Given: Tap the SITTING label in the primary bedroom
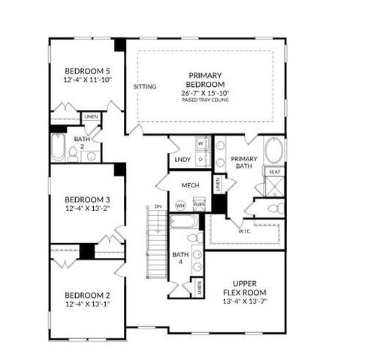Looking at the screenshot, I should coord(145,86).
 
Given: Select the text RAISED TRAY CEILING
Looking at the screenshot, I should coord(205,100).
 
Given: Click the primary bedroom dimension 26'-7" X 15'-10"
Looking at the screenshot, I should coord(205,93).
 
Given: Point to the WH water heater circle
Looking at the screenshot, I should coord(180,204).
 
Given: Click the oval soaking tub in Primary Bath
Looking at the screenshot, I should coord(274,151).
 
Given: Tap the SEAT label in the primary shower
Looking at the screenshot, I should coord(274,172).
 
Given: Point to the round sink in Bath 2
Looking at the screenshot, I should coord(92,156).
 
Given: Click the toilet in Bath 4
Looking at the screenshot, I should coord(193,237).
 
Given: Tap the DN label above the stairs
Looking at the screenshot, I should coord(157,205).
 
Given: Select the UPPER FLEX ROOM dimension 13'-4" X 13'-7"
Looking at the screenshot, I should coord(245,301).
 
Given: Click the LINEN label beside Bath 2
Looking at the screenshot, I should coord(91,117).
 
